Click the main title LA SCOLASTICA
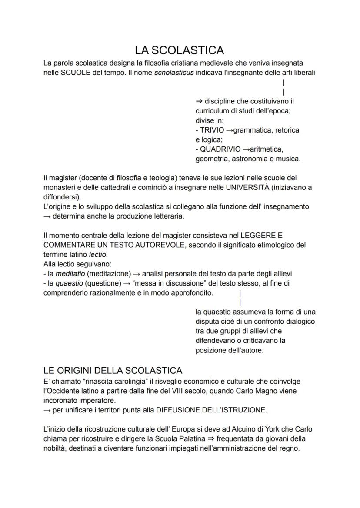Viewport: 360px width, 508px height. pyautogui.click(x=180, y=50)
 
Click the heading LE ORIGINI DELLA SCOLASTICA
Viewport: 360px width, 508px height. pyautogui.click(x=113, y=371)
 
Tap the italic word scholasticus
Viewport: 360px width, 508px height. pyautogui.click(x=174, y=73)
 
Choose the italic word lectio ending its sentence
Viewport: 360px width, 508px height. pyautogui.click(x=97, y=255)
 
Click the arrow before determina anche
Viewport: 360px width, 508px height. pyautogui.click(x=47, y=216)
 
